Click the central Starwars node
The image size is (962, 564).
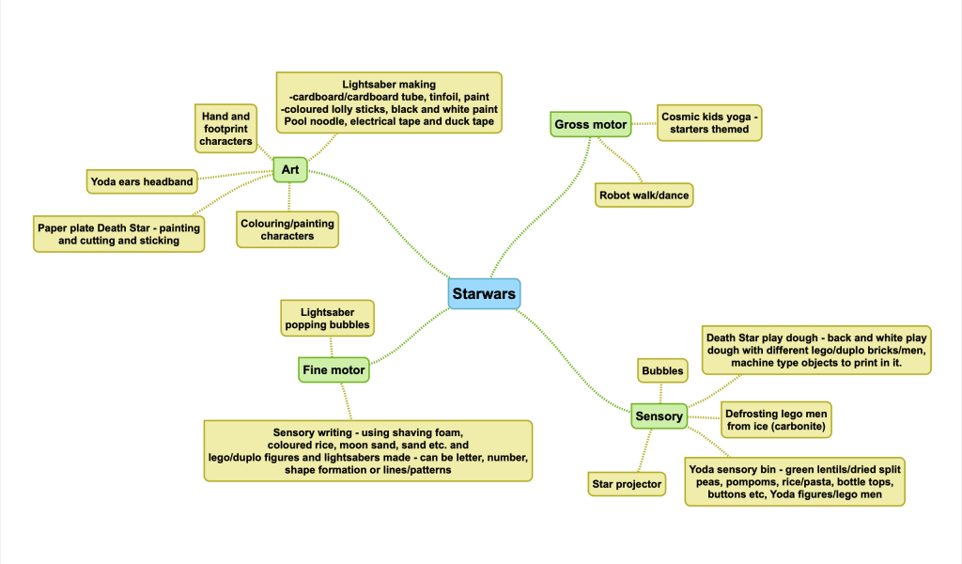click(484, 294)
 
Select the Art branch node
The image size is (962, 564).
click(289, 170)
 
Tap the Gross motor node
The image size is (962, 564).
click(590, 124)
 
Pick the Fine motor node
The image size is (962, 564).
click(334, 370)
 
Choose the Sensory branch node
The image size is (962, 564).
click(659, 415)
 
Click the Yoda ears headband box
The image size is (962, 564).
click(142, 181)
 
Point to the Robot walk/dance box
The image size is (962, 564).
click(644, 196)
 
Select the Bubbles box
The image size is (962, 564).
click(662, 371)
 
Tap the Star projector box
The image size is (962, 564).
click(627, 485)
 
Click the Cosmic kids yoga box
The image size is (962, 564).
click(709, 122)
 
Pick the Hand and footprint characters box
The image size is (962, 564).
click(226, 129)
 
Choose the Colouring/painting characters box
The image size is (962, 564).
click(287, 229)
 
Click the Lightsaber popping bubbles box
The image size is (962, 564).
click(327, 319)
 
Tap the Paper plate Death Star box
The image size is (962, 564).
click(119, 234)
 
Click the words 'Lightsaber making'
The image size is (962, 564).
click(388, 85)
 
